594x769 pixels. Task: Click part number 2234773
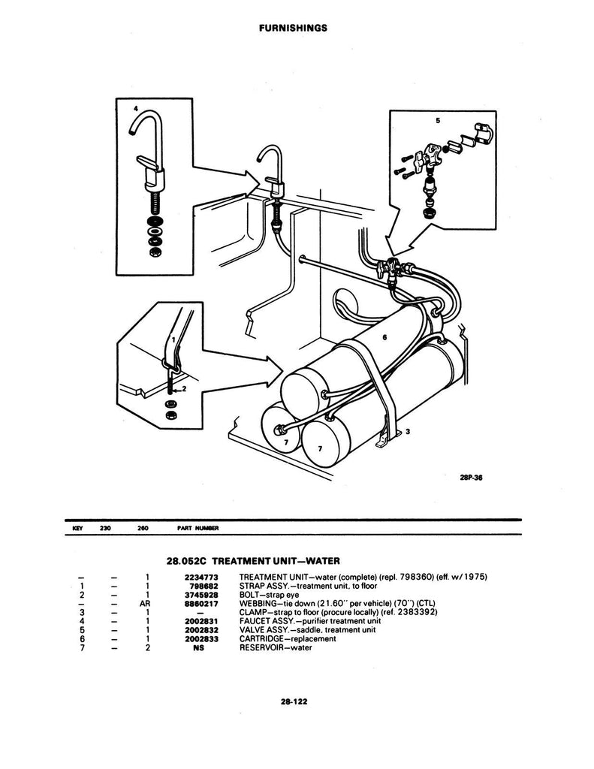pyautogui.click(x=202, y=576)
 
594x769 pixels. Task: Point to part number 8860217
pyautogui.click(x=202, y=602)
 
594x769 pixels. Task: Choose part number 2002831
pyautogui.click(x=202, y=620)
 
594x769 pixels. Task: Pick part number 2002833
pyautogui.click(x=202, y=638)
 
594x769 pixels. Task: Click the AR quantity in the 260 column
pyautogui.click(x=146, y=602)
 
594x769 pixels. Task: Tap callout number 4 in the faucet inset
pyautogui.click(x=135, y=108)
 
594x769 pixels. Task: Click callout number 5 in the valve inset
pyautogui.click(x=438, y=119)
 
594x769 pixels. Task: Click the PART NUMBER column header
pyautogui.click(x=197, y=529)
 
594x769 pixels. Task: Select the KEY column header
pyautogui.click(x=76, y=529)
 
